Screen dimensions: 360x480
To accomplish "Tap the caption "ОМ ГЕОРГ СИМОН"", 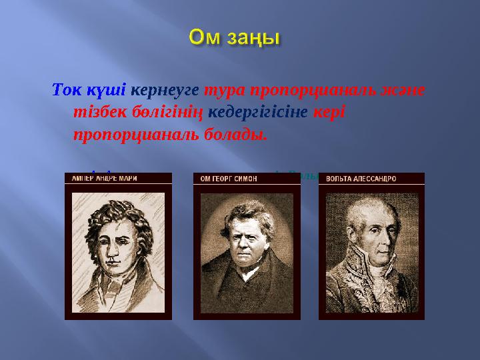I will click(229, 179).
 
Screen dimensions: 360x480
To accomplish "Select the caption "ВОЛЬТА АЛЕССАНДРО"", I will click(361, 179).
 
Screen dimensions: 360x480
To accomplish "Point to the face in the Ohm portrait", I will click(243, 237).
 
